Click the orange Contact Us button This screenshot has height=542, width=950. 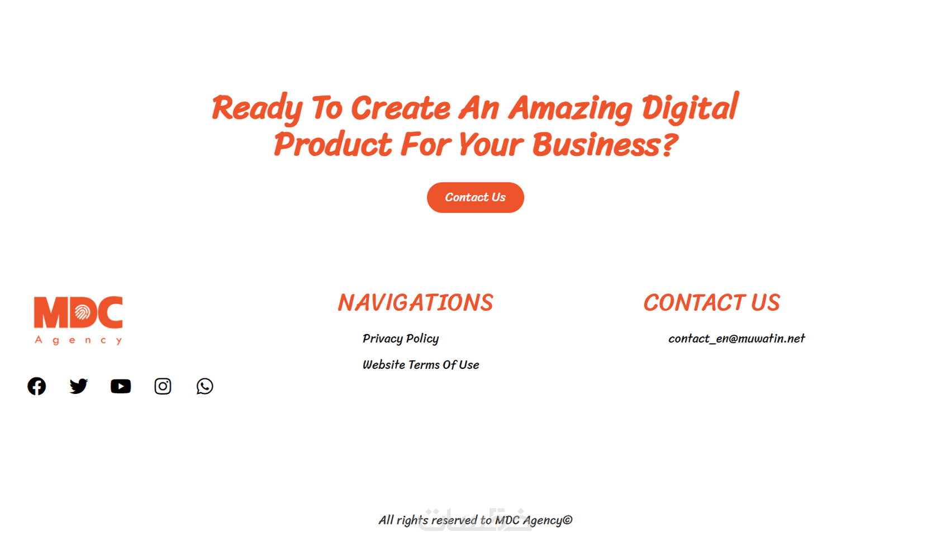pyautogui.click(x=475, y=197)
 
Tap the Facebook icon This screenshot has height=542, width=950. pyautogui.click(x=37, y=386)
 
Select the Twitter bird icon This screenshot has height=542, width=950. pyautogui.click(x=78, y=386)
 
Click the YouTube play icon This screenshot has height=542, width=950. pyautogui.click(x=121, y=386)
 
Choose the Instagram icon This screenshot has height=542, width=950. pyautogui.click(x=163, y=386)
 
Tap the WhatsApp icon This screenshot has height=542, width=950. pyautogui.click(x=205, y=386)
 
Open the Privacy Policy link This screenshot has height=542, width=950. pyautogui.click(x=400, y=339)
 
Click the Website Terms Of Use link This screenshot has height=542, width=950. pyautogui.click(x=421, y=365)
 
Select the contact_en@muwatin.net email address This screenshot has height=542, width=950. pyautogui.click(x=737, y=339)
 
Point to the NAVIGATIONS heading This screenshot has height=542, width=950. pyautogui.click(x=415, y=302)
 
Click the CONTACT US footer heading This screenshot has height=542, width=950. pyautogui.click(x=711, y=302)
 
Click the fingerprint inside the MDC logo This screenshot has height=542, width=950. pyautogui.click(x=82, y=312)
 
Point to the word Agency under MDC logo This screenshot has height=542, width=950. pyautogui.click(x=78, y=340)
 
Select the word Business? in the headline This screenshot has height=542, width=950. pyautogui.click(x=605, y=144)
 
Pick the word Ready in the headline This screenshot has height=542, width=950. pyautogui.click(x=257, y=108)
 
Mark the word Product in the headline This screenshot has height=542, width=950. pyautogui.click(x=333, y=144)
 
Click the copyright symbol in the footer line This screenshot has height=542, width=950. pyautogui.click(x=567, y=520)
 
